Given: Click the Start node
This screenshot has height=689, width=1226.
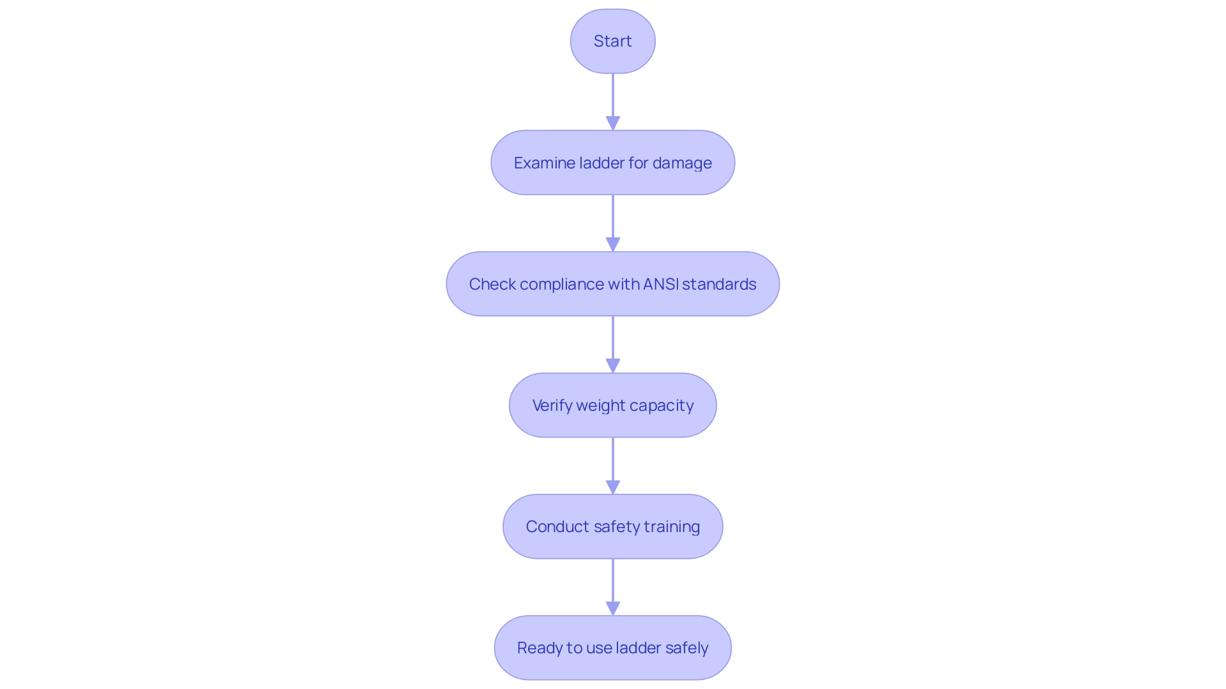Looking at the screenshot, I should (x=612, y=41).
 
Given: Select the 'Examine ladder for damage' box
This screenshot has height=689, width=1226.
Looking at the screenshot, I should (x=612, y=163).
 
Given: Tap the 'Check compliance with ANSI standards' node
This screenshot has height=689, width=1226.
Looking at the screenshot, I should (x=612, y=284).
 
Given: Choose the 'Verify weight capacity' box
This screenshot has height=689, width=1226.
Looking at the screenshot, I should (x=612, y=405).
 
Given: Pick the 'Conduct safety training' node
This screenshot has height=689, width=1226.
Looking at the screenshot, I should (x=612, y=526).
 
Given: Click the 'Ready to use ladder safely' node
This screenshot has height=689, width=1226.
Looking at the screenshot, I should (x=612, y=648).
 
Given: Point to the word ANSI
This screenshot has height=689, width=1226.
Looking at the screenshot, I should (x=661, y=284).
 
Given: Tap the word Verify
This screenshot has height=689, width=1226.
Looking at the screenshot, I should (x=552, y=406).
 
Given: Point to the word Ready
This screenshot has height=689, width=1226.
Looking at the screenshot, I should (x=539, y=648).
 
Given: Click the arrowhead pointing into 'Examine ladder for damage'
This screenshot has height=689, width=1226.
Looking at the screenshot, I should (x=613, y=123).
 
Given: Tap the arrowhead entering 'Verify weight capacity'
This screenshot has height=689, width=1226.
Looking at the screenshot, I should (x=613, y=366).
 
